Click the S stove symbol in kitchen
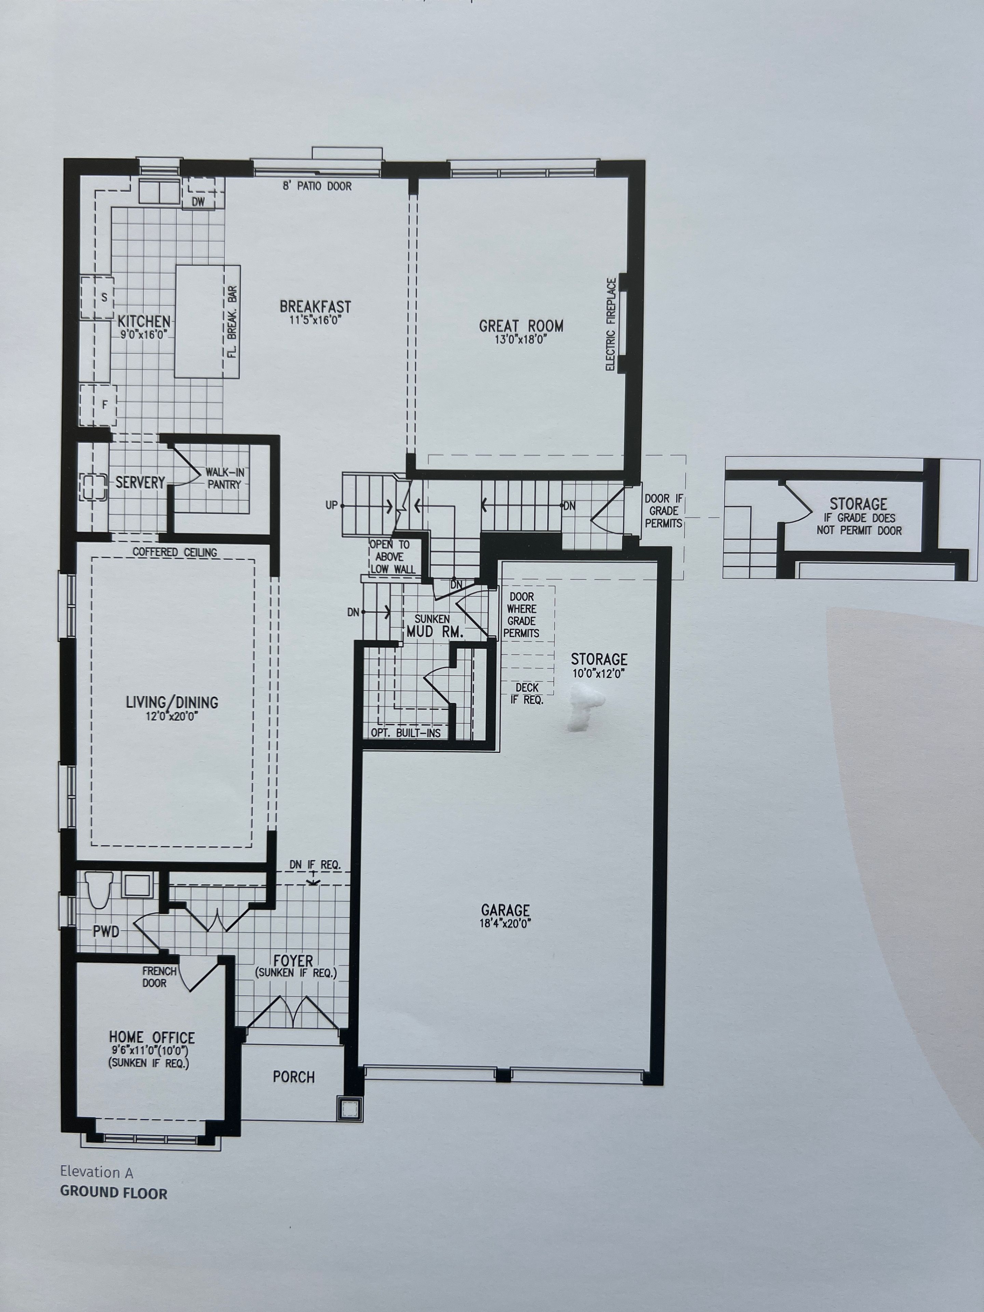105,297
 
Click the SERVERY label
140,482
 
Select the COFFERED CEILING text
175,552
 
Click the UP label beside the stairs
331,505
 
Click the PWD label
106,932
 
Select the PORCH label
293,1077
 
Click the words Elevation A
97,1172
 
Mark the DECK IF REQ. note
527,693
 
